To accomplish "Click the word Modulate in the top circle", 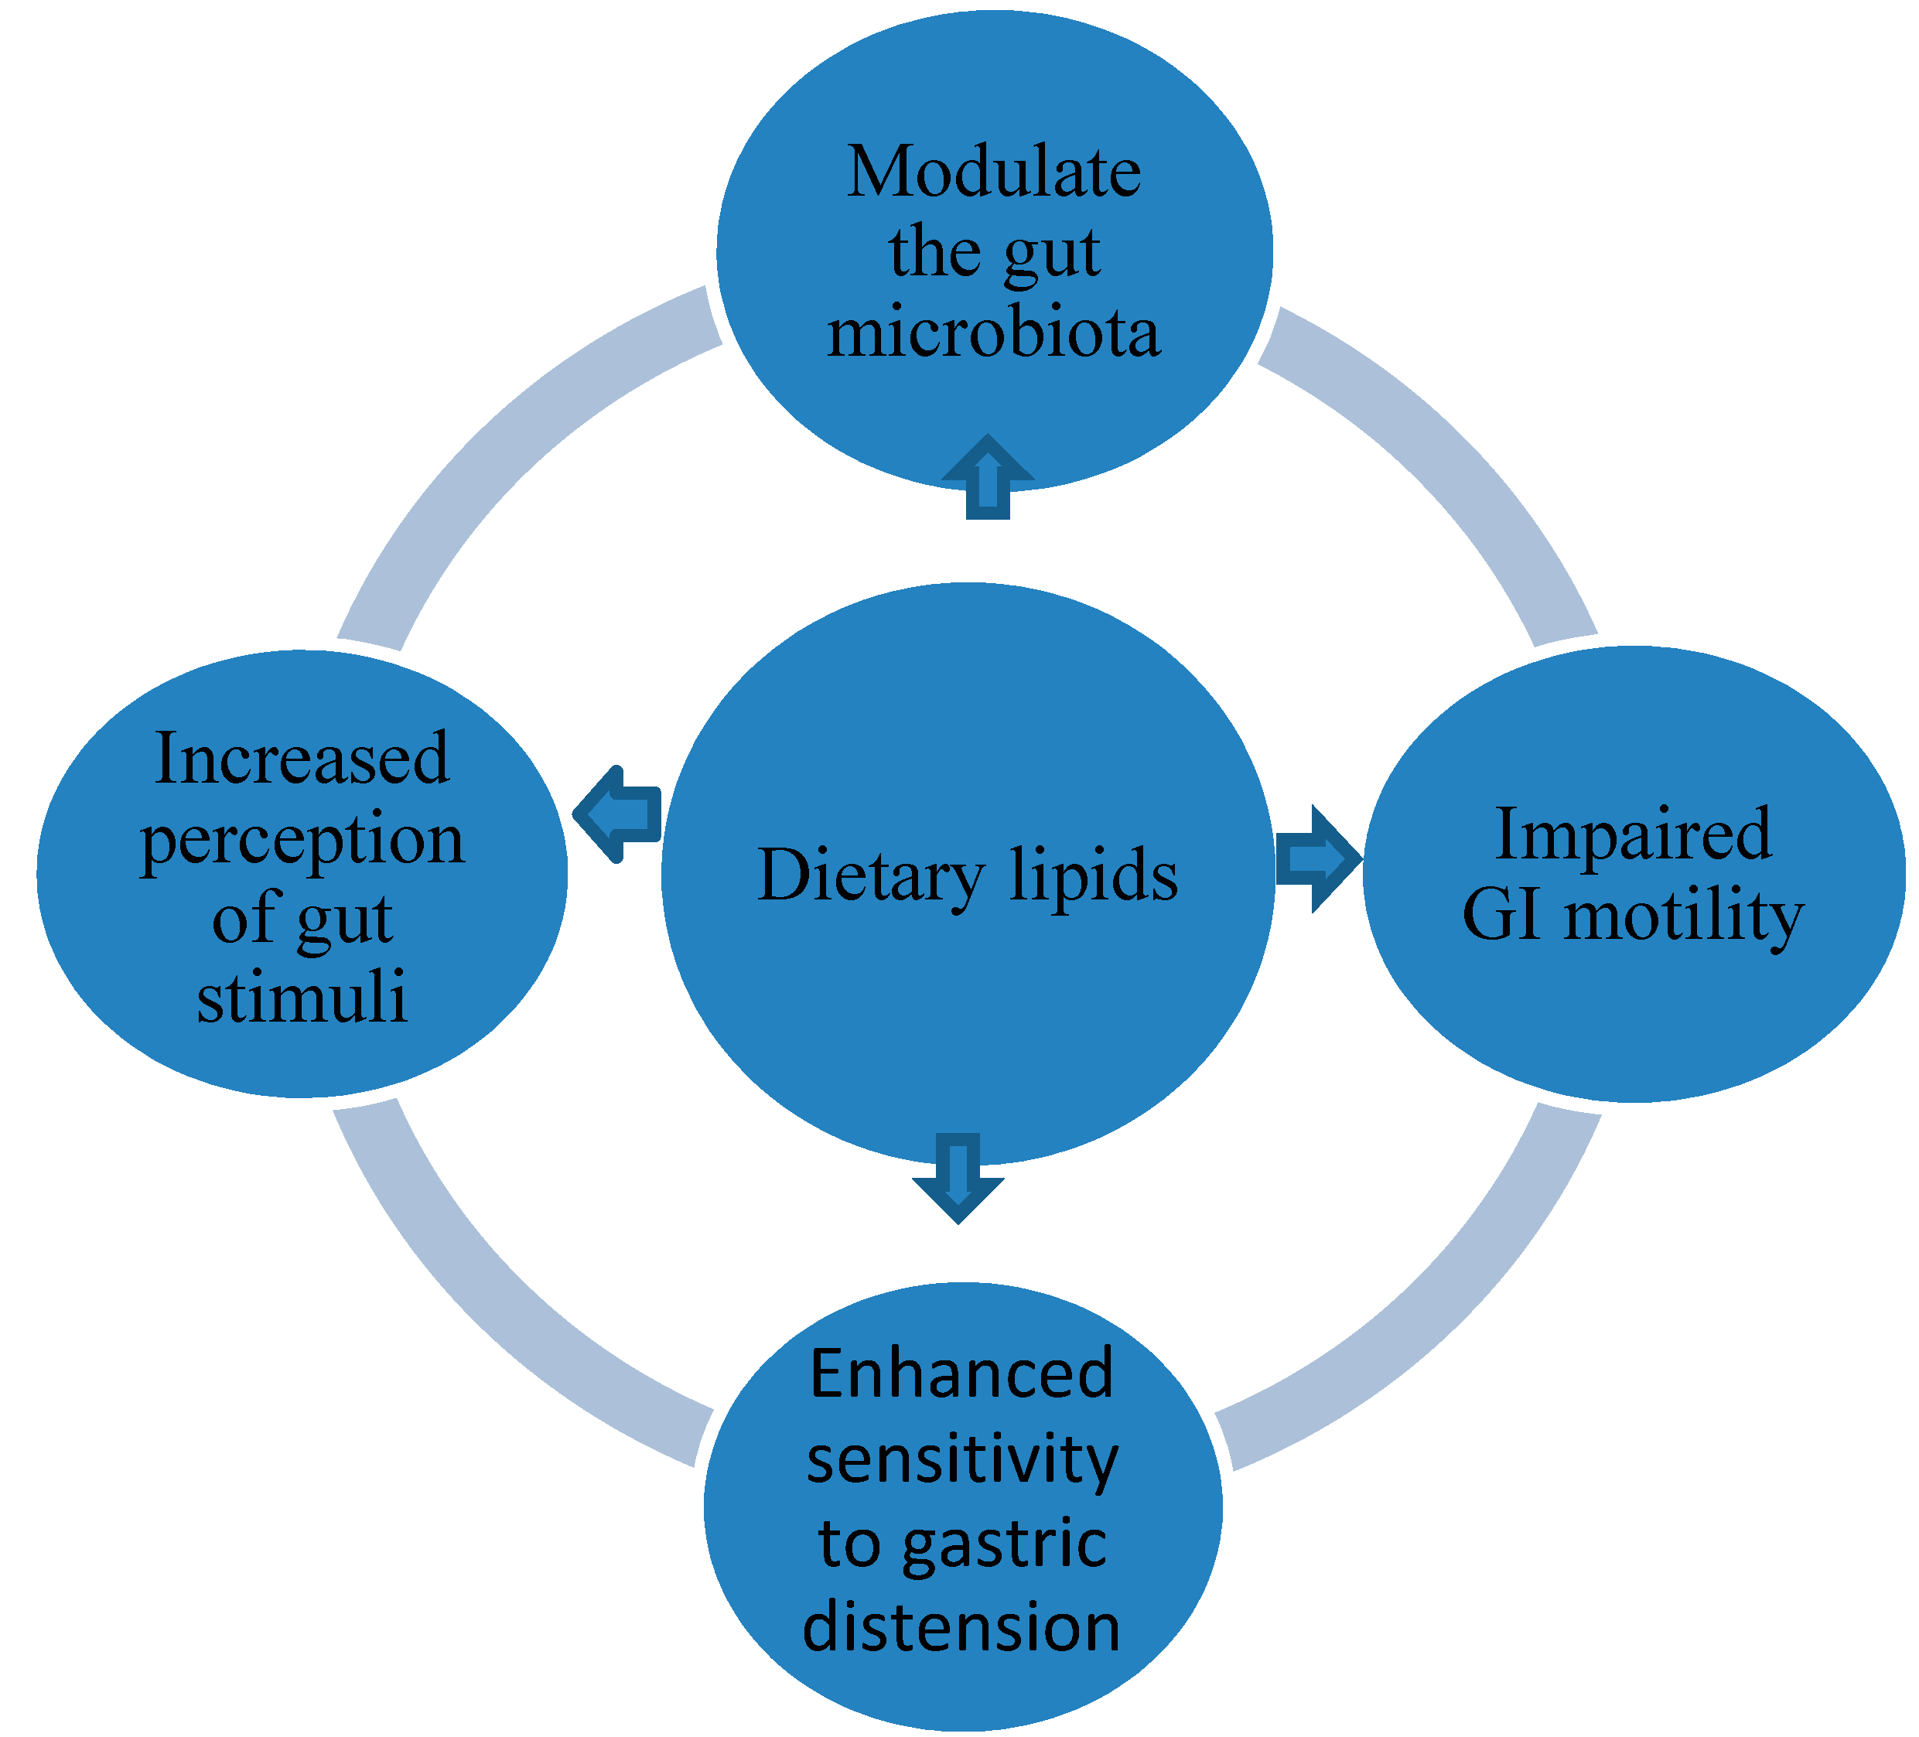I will (x=994, y=173).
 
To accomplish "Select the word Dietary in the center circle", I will (x=871, y=875).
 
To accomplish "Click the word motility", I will (x=1684, y=916).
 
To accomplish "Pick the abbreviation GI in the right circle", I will (x=1501, y=915).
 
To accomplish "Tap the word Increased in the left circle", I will (x=302, y=759).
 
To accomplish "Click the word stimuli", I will (x=302, y=998).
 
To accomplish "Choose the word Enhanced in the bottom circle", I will (x=961, y=1374).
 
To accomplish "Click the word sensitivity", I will (x=961, y=1459).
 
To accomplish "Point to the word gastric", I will (x=1004, y=1544).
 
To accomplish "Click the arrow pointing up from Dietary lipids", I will (x=987, y=478).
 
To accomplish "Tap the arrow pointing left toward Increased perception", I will (x=619, y=814).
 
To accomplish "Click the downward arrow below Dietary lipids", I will (x=958, y=1177).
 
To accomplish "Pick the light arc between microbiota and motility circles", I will (x=1447, y=457).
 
